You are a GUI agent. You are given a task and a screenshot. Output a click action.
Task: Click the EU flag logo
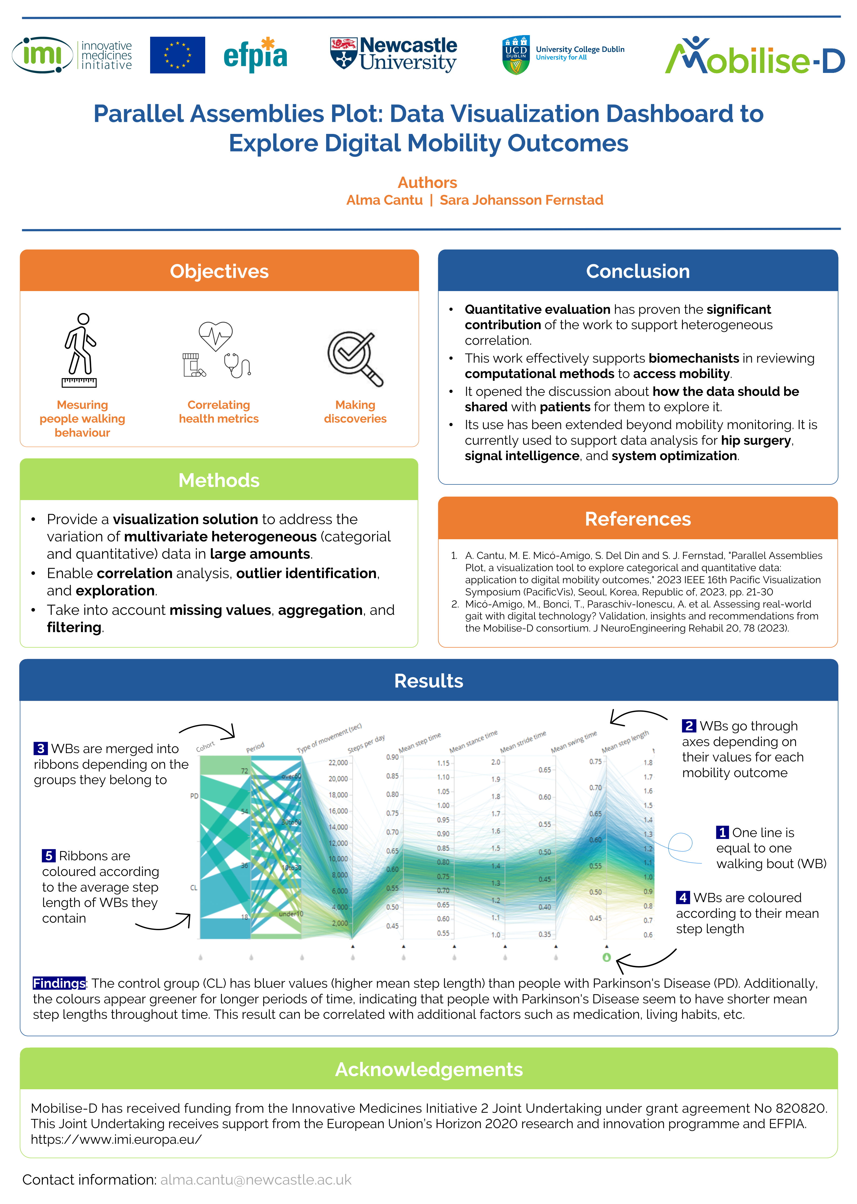[x=177, y=55]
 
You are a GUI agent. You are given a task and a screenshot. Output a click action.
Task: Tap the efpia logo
[x=255, y=55]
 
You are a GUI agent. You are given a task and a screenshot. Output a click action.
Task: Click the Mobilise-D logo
[x=755, y=56]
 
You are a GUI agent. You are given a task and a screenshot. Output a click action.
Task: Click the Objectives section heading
[x=219, y=271]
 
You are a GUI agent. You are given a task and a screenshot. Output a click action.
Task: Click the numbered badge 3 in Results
[x=41, y=749]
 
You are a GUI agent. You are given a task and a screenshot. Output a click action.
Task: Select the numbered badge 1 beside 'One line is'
[x=722, y=832]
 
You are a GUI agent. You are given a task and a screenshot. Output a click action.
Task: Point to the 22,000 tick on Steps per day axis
[x=338, y=763]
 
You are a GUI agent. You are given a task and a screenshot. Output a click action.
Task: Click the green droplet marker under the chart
[x=606, y=957]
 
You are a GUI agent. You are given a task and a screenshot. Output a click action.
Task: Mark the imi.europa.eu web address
[x=116, y=1139]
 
